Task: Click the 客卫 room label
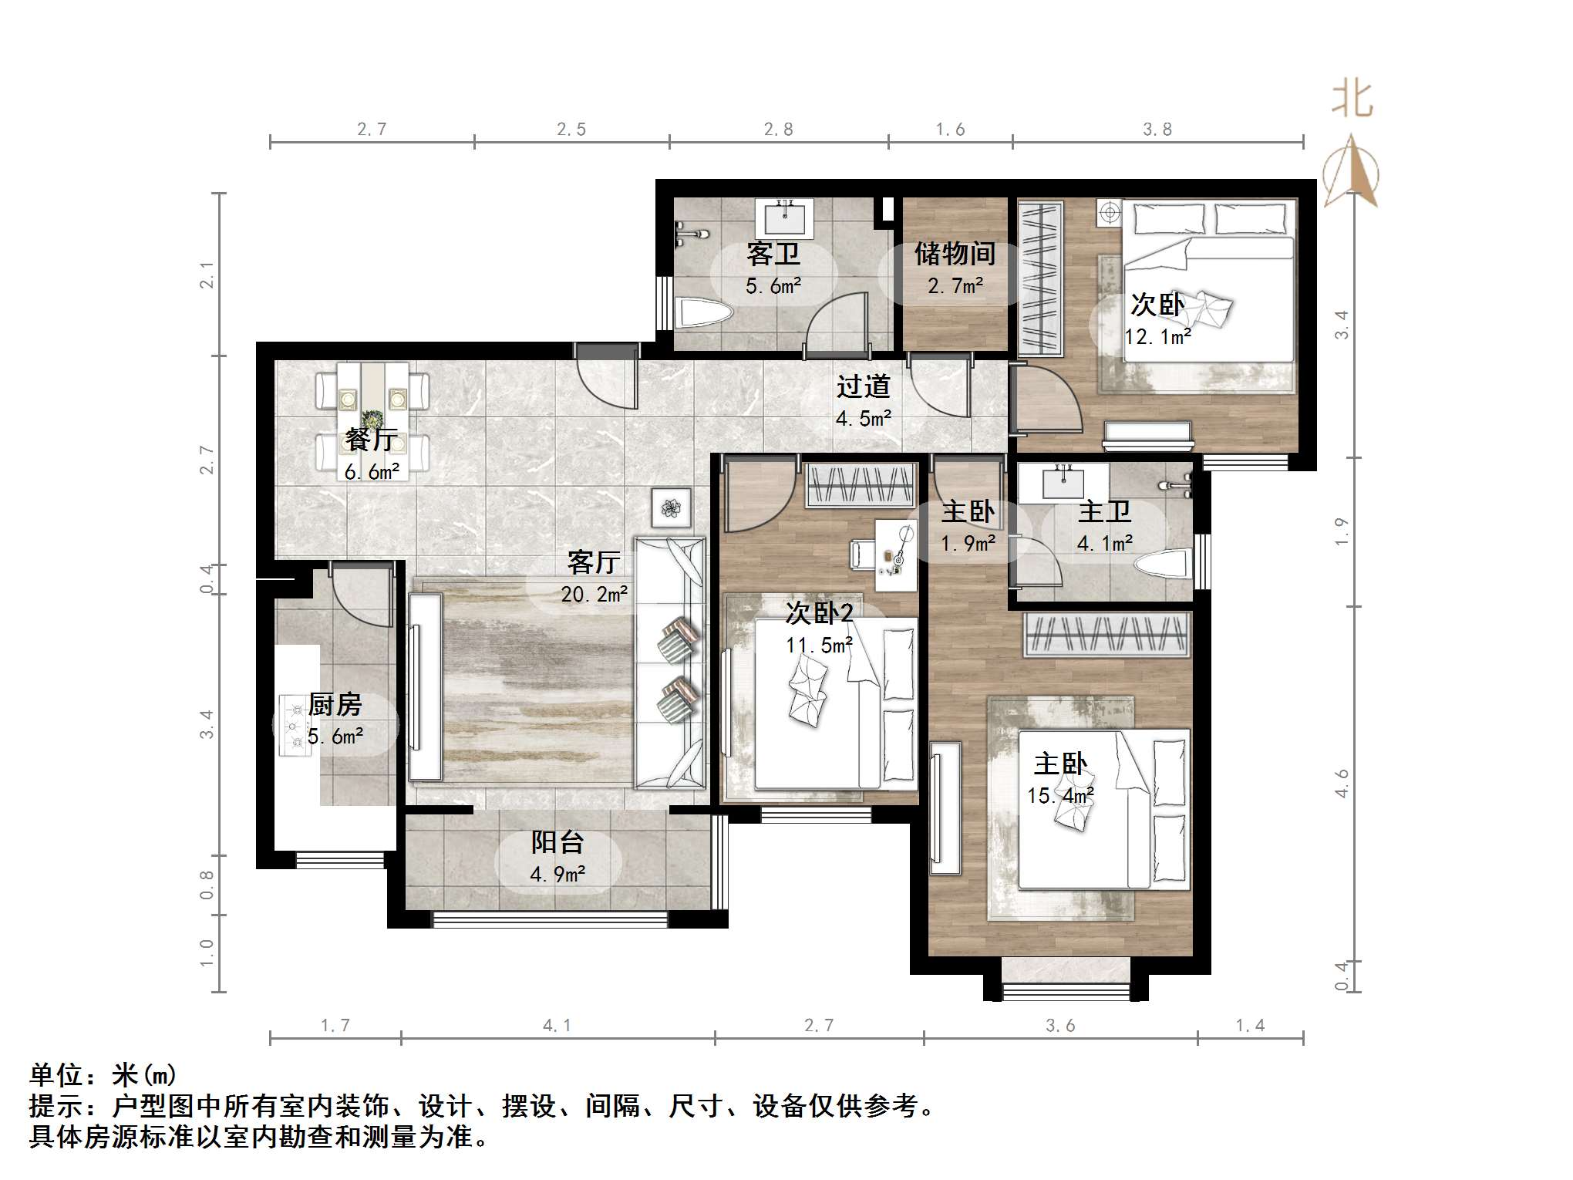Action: click(773, 254)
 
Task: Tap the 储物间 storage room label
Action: click(955, 254)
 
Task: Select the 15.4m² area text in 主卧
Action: click(1060, 796)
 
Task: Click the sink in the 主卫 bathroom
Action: click(1063, 483)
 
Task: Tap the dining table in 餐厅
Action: click(373, 416)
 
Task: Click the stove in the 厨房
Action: click(295, 725)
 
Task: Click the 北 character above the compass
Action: click(1352, 100)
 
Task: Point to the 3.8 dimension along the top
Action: click(1157, 130)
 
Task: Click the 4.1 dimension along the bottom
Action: click(557, 1025)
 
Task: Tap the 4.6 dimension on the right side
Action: click(1342, 784)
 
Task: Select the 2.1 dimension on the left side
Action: click(207, 275)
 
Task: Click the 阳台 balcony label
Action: click(557, 842)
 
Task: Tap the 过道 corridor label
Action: click(863, 386)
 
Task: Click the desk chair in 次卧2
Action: click(861, 554)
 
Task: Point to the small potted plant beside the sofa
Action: click(671, 507)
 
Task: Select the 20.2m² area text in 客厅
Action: click(594, 595)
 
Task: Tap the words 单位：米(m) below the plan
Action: click(103, 1074)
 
